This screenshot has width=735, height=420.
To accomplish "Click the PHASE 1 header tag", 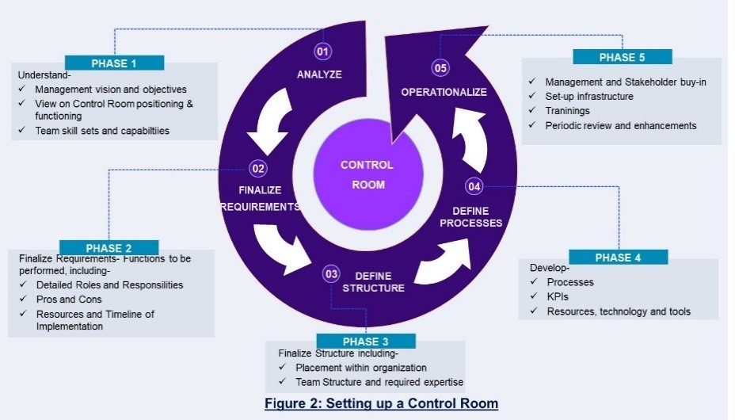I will [114, 63].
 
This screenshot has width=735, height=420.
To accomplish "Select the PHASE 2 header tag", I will [109, 248].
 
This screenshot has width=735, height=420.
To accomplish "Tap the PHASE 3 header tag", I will [366, 342].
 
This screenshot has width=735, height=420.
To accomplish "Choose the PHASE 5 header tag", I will [623, 57].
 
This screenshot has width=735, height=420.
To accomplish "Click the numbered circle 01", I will [322, 52].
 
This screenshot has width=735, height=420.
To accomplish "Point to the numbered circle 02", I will [258, 168].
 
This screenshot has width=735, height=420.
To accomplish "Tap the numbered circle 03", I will [332, 273].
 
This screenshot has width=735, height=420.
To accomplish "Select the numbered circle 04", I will [474, 186].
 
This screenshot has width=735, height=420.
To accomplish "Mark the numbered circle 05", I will [440, 67].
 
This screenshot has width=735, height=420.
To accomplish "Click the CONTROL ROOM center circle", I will [367, 174].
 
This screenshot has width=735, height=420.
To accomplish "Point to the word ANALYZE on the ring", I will [319, 74].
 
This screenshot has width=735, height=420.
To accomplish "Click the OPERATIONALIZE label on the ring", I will [444, 92].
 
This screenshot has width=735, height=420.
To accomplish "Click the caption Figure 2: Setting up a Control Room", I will [381, 403].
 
